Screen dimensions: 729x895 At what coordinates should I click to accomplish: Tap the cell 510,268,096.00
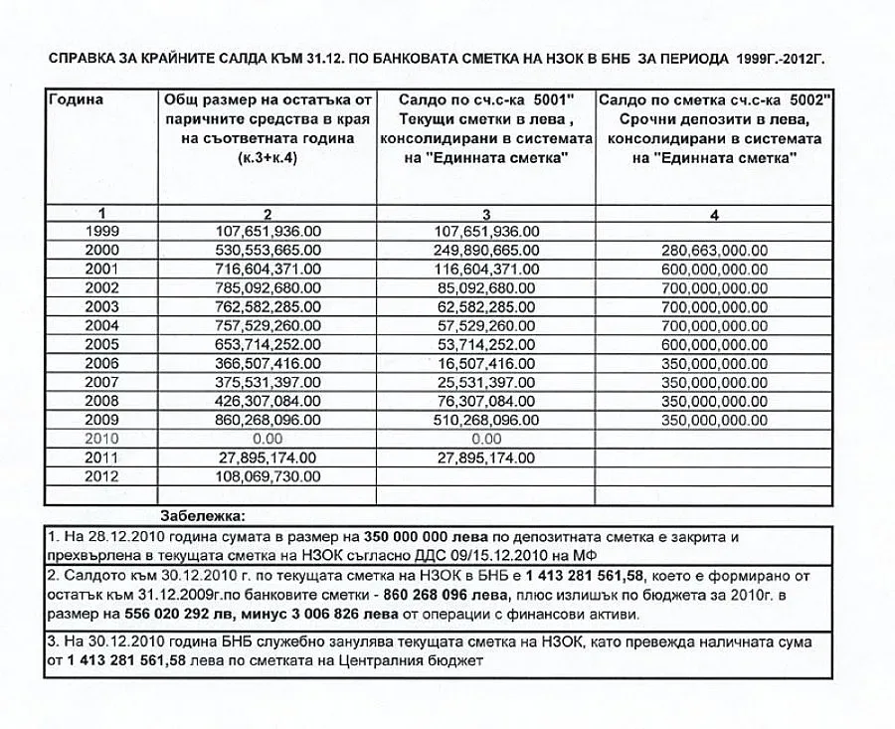[x=485, y=419]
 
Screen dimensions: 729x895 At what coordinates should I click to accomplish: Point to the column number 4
[x=714, y=214]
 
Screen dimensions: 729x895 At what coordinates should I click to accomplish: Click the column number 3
[x=485, y=214]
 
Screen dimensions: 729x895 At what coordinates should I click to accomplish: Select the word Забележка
[x=206, y=515]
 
